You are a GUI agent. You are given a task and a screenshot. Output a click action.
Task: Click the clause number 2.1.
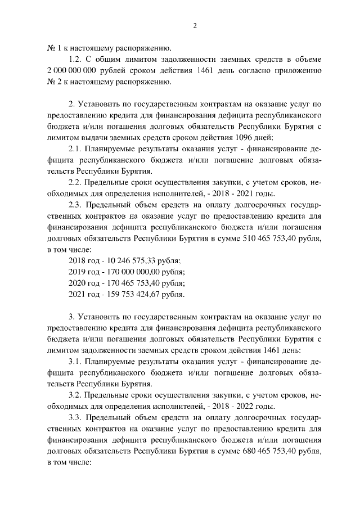click(75, 148)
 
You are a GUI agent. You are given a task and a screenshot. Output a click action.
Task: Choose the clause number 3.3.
click(75, 417)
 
